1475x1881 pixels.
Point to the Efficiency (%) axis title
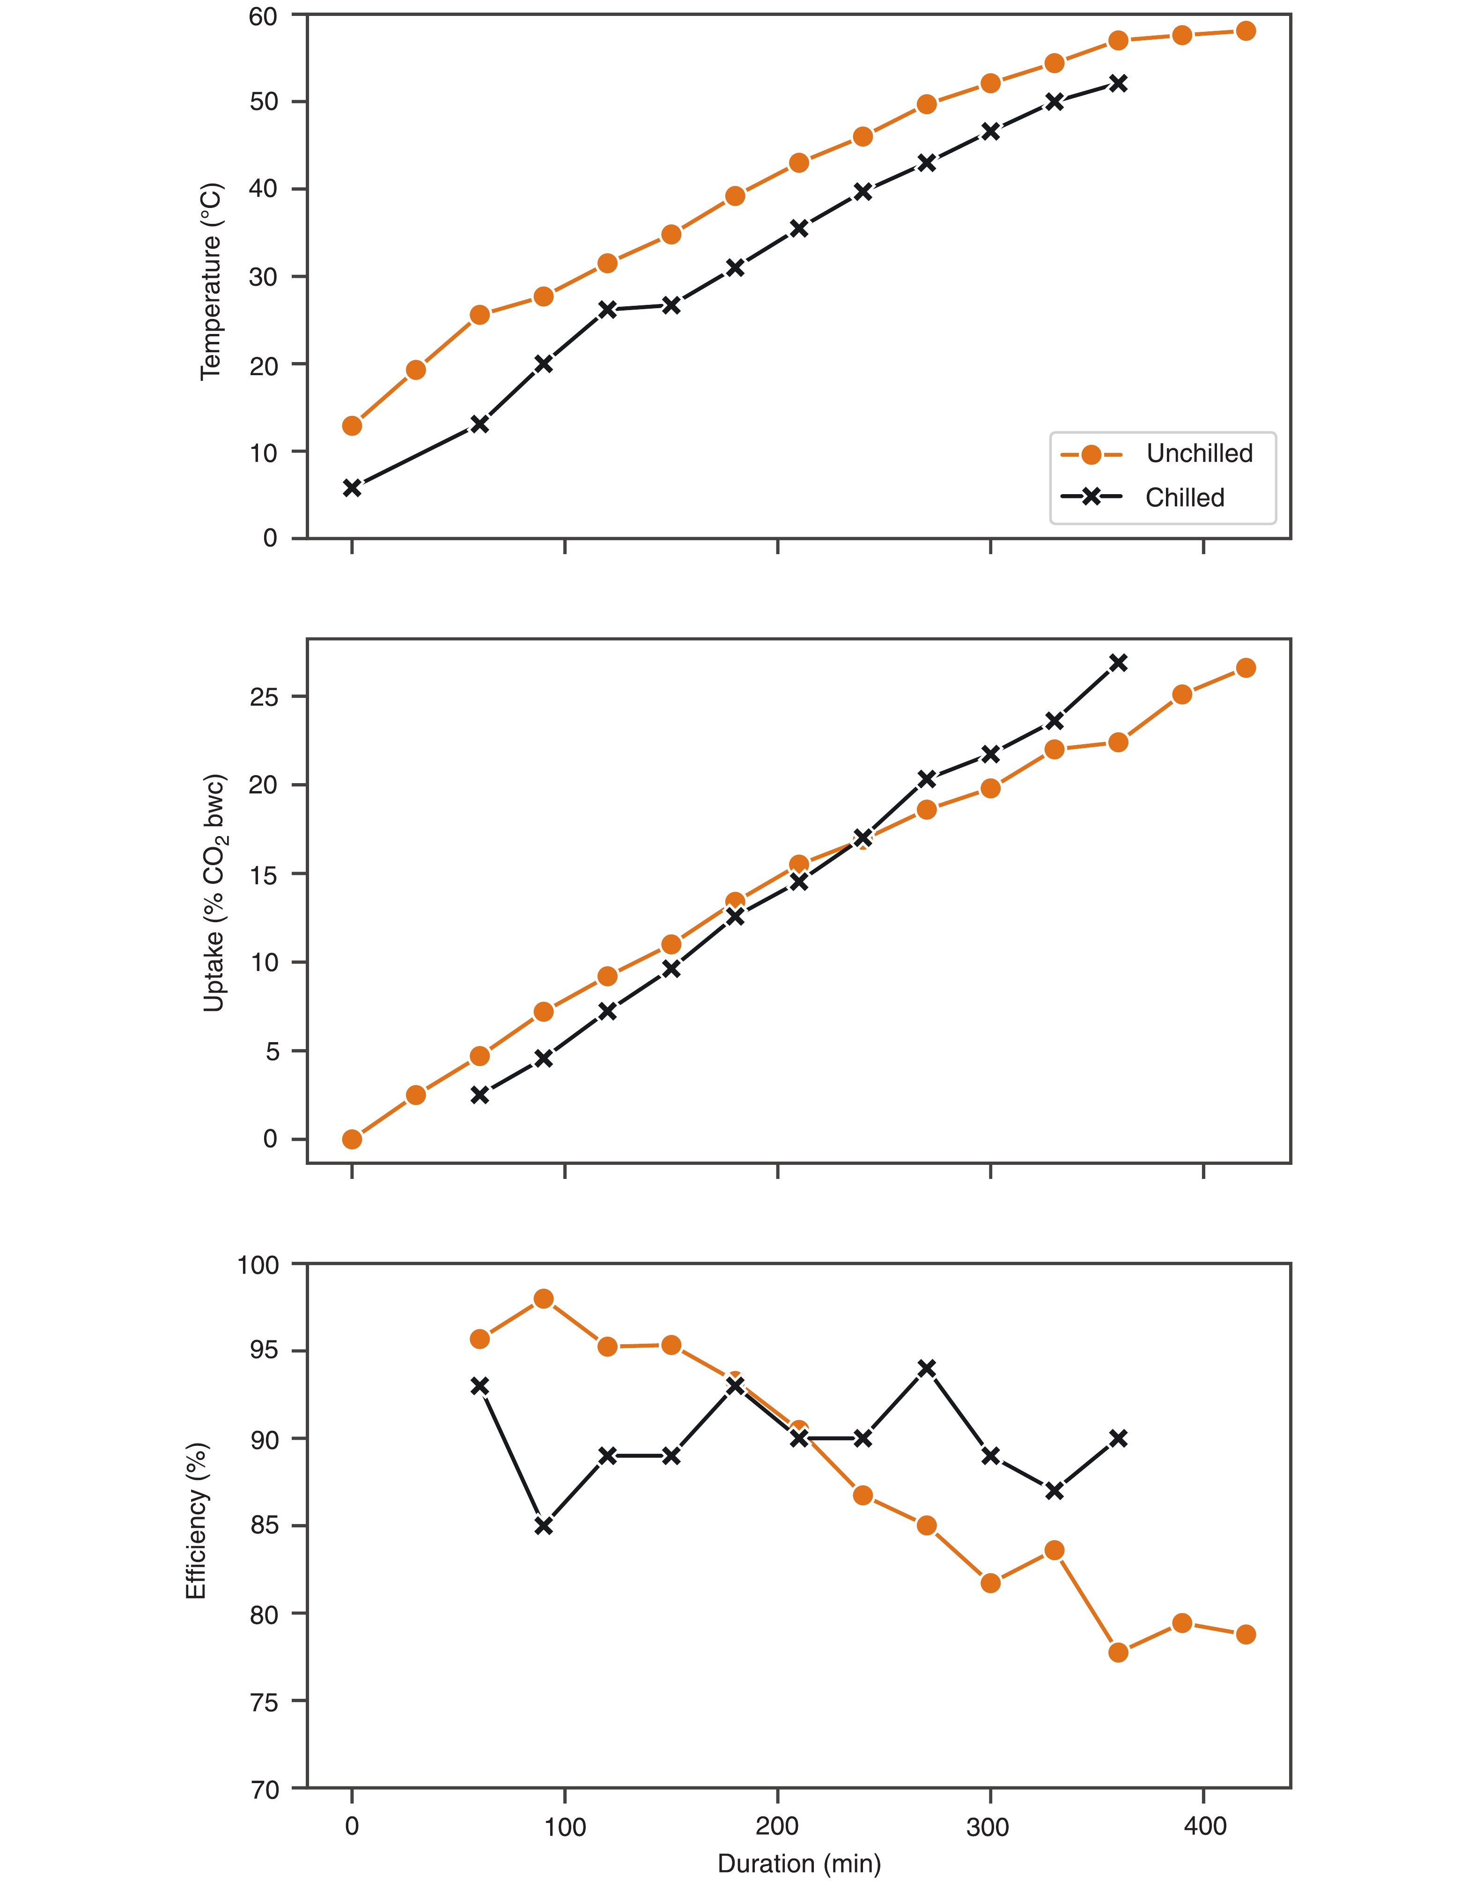point(197,1521)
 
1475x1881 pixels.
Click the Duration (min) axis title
point(799,1863)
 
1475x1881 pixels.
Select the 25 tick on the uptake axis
point(263,697)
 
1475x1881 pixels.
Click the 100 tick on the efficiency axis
point(258,1265)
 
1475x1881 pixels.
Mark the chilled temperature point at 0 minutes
point(352,488)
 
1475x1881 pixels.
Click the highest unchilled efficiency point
point(543,1299)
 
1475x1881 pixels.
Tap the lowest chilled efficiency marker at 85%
point(543,1526)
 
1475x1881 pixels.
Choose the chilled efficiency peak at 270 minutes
point(927,1368)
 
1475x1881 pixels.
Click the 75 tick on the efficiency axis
point(263,1701)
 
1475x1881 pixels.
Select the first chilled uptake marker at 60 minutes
point(479,1095)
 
